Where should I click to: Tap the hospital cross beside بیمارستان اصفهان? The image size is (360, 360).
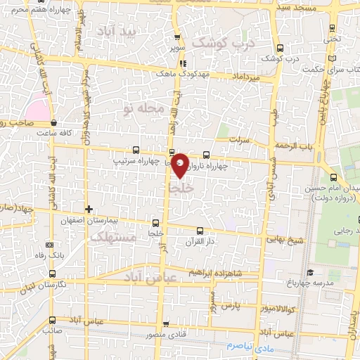pos(89,209)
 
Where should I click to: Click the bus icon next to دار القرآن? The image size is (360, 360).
pos(200,230)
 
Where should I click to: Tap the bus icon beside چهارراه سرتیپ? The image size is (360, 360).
pos(136,150)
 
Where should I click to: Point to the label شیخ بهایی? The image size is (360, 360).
pos(284,240)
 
